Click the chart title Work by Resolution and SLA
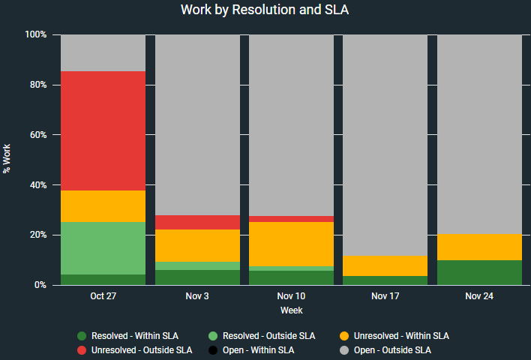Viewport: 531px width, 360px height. coord(265,10)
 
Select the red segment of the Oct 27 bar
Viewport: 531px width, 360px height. coord(103,130)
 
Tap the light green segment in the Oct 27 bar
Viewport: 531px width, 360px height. coord(103,248)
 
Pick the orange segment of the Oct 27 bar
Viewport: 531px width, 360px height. coord(103,206)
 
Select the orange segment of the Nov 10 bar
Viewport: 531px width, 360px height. coord(291,244)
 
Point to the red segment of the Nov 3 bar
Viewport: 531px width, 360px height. coord(197,222)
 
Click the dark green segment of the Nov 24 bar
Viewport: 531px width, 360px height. coord(479,272)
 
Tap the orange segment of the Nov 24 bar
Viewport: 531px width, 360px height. coord(479,247)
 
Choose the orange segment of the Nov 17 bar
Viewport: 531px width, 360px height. coord(385,265)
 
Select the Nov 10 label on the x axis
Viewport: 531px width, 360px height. coord(291,296)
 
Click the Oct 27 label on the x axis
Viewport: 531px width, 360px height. coord(103,296)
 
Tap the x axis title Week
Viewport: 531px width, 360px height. coord(291,310)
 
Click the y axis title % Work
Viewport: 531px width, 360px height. coord(7,160)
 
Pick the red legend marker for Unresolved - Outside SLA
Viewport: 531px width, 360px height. coord(82,349)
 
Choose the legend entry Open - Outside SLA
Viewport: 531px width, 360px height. coord(391,349)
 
